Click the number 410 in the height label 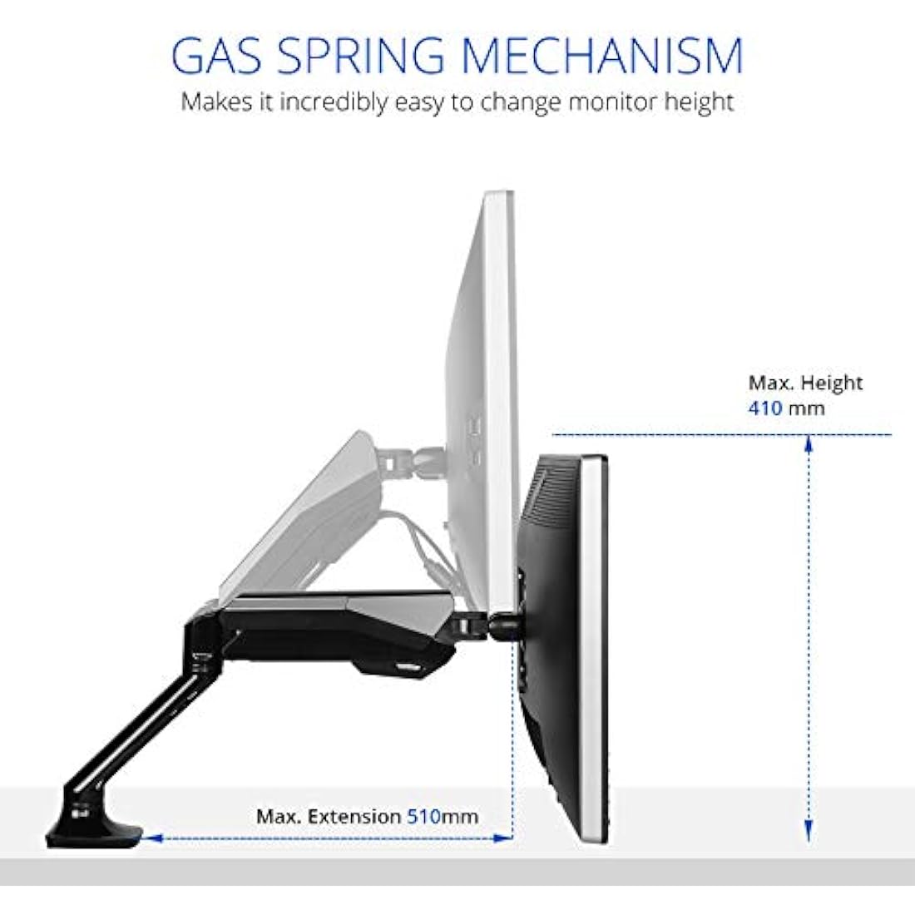click(x=765, y=408)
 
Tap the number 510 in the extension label click(x=423, y=816)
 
